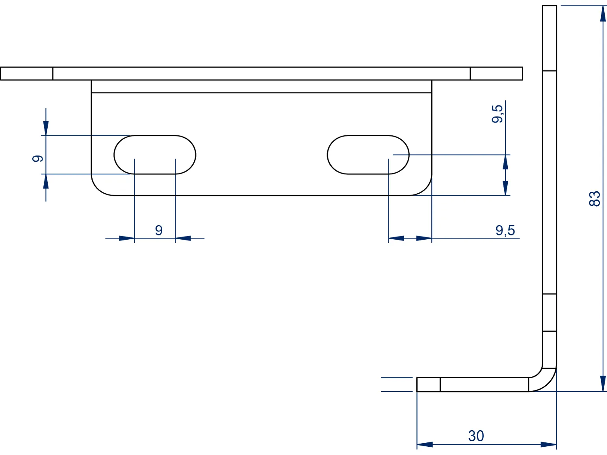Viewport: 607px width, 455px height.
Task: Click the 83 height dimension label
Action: pyautogui.click(x=594, y=198)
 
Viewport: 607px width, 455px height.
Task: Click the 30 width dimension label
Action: pyautogui.click(x=476, y=436)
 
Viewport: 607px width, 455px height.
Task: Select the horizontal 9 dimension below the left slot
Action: pyautogui.click(x=159, y=230)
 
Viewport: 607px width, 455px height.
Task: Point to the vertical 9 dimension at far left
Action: pyautogui.click(x=37, y=158)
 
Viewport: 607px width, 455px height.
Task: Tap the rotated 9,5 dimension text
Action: pyautogui.click(x=497, y=114)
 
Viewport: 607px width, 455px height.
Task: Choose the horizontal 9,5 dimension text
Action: pyautogui.click(x=505, y=230)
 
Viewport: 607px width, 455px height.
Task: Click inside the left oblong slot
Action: pyautogui.click(x=155, y=155)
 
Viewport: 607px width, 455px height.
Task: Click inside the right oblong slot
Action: pyautogui.click(x=368, y=155)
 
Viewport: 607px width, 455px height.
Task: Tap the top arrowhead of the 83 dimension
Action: pyautogui.click(x=603, y=13)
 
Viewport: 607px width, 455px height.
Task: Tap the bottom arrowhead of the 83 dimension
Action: pyautogui.click(x=603, y=383)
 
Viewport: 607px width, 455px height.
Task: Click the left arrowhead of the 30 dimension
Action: pyautogui.click(x=425, y=444)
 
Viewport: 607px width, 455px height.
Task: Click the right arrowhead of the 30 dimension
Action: pyautogui.click(x=549, y=444)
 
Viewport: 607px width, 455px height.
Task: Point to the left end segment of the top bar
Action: pyautogui.click(x=26, y=74)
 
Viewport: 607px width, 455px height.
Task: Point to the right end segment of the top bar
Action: pyautogui.click(x=496, y=74)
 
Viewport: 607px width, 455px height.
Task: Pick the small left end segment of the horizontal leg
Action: pyautogui.click(x=429, y=385)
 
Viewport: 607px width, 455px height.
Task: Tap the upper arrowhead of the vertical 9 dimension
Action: pyautogui.click(x=46, y=128)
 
